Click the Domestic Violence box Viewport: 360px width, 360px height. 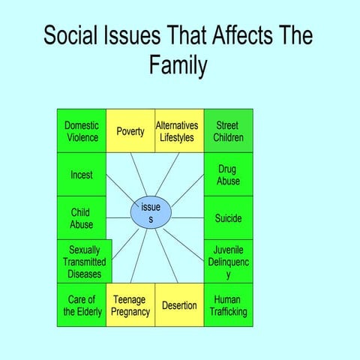82,131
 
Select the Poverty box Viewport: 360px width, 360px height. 130,131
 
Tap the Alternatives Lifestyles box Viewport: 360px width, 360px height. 179,131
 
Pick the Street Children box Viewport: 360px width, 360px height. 228,131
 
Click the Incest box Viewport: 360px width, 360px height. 82,175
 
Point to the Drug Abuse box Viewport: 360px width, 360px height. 228,175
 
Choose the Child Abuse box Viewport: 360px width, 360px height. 82,218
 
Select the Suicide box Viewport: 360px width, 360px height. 228,218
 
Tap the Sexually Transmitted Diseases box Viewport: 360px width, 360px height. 84,262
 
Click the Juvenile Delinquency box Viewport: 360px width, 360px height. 228,262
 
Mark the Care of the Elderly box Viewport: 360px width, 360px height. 82,305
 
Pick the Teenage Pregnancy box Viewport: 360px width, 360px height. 130,305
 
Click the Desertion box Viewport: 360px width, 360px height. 179,305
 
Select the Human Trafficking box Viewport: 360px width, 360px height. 228,305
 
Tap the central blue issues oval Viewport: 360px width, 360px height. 151,213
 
